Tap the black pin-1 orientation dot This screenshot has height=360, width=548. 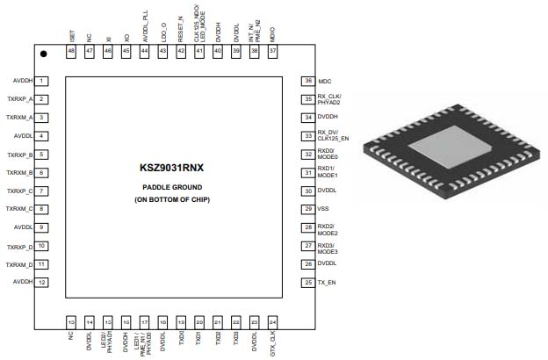pos(43,54)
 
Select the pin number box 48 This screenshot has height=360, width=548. pos(71,52)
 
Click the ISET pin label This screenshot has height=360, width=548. pos(71,35)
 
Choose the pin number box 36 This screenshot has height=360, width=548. pos(307,81)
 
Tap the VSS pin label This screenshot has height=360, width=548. pos(323,209)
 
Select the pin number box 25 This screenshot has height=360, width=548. pos(307,282)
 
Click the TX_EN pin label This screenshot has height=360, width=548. pos(327,282)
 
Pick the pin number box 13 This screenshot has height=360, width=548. pos(71,322)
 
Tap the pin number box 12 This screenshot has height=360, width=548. pos(41,282)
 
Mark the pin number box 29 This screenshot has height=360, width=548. pos(307,209)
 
